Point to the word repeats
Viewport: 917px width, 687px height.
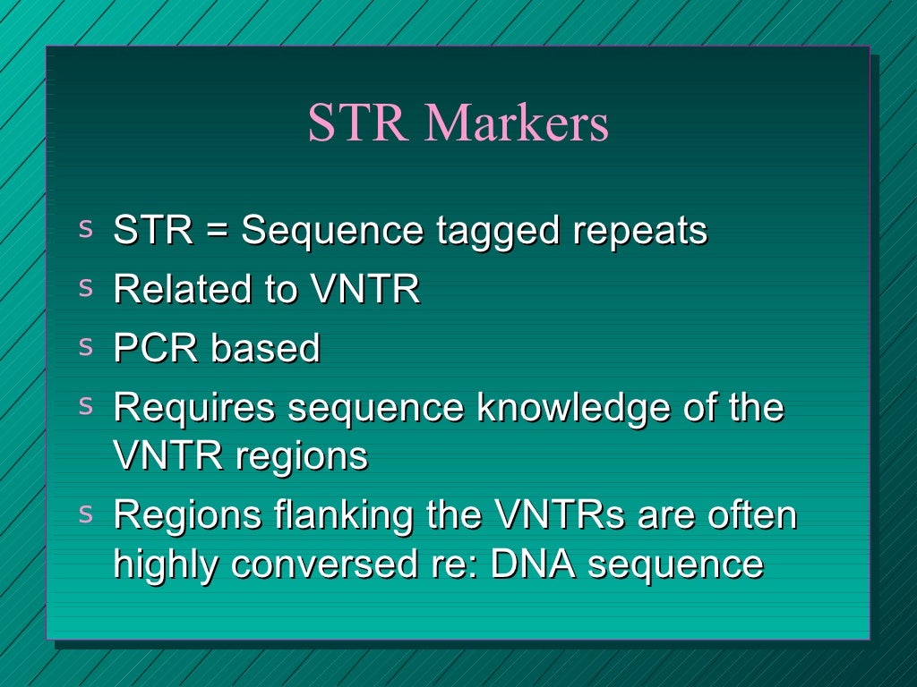pyautogui.click(x=639, y=231)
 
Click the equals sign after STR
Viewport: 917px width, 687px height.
pyautogui.click(x=216, y=232)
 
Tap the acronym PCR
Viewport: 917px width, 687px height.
pyautogui.click(x=155, y=348)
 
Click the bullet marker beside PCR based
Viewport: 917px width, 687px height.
pyautogui.click(x=86, y=346)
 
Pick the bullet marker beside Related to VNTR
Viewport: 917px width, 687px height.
pyautogui.click(x=86, y=287)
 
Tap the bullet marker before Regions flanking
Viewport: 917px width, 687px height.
pyautogui.click(x=86, y=513)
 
